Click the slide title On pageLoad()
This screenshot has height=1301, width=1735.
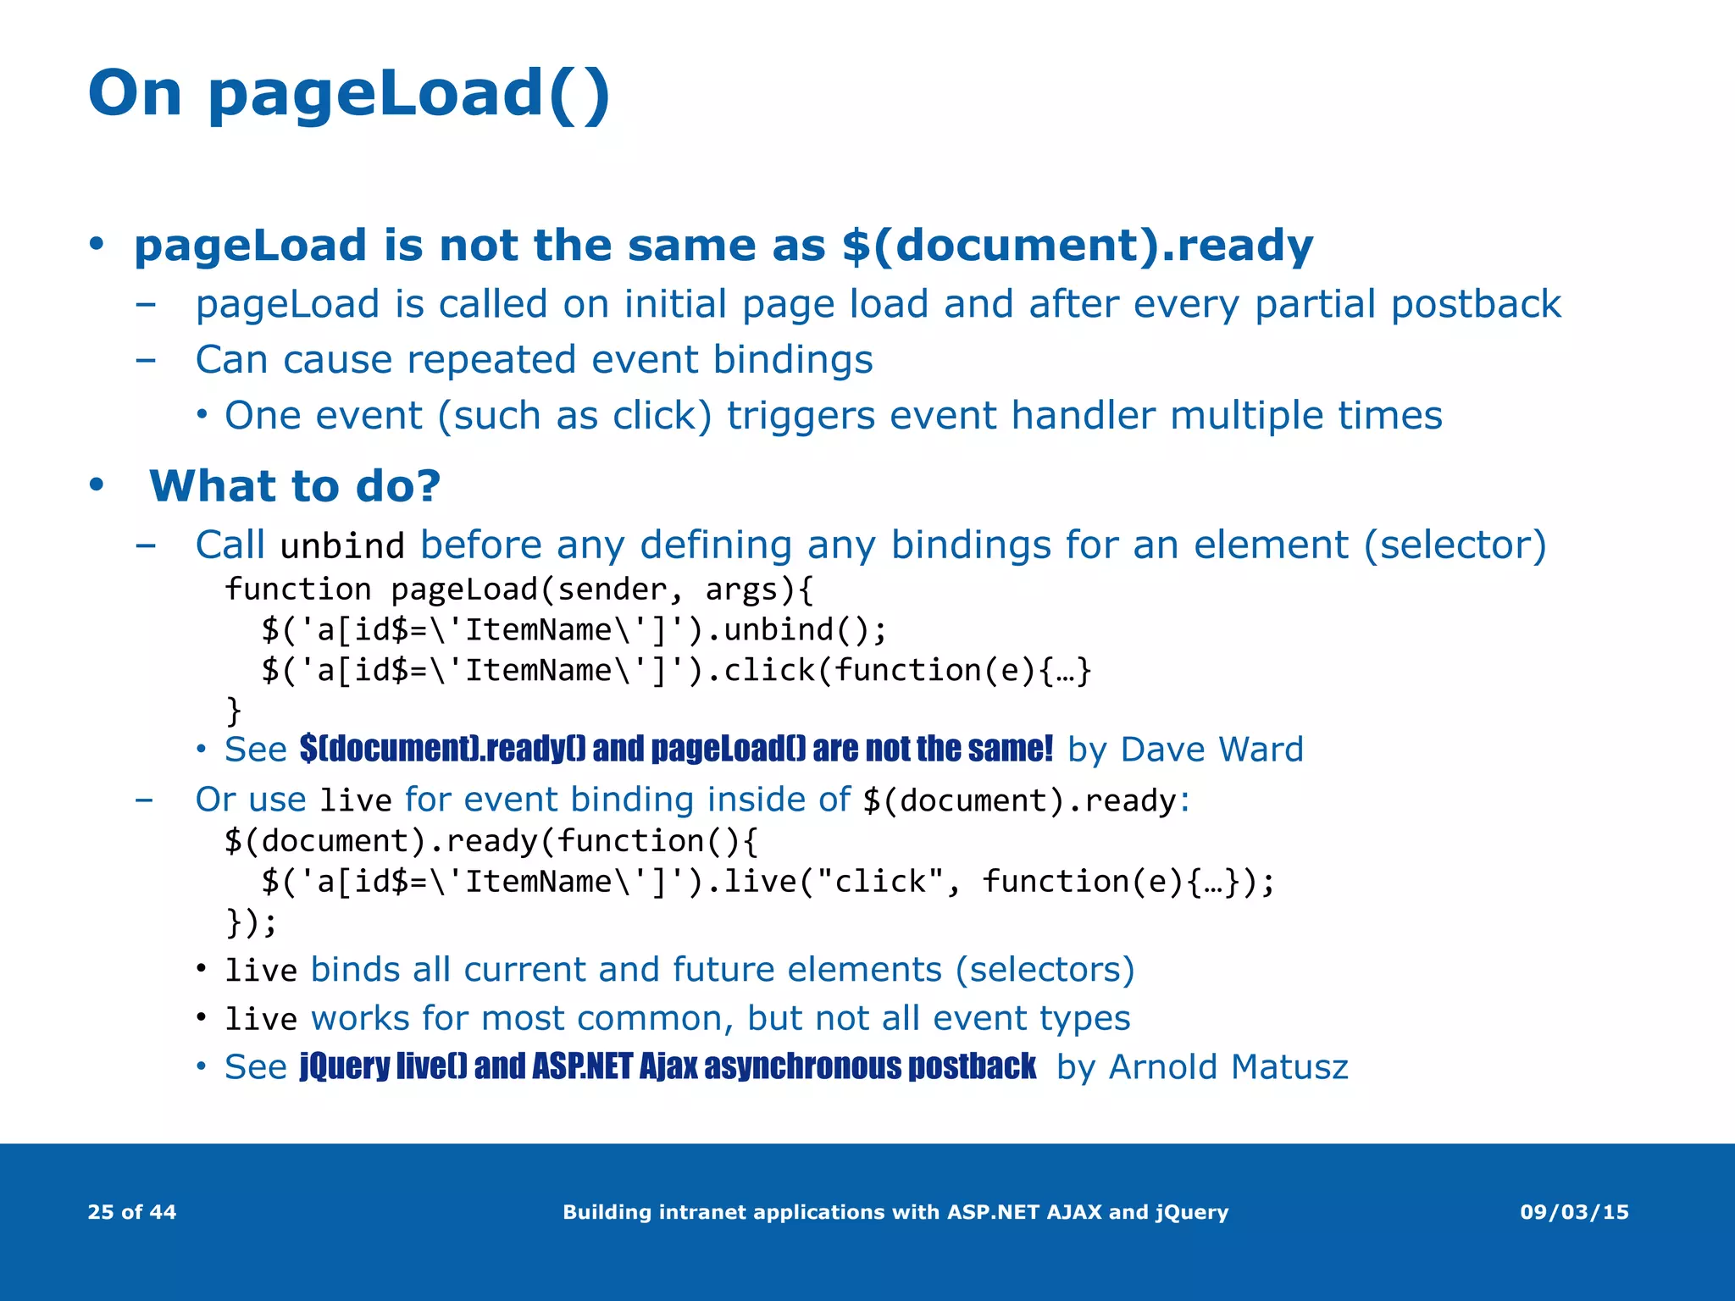348,94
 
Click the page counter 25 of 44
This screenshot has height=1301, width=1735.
131,1212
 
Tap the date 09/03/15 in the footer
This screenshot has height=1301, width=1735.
1574,1212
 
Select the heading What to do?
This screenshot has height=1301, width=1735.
295,486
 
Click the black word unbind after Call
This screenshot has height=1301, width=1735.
342,546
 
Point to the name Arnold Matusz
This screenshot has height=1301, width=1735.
1228,1067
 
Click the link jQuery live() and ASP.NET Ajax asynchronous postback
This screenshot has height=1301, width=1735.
668,1067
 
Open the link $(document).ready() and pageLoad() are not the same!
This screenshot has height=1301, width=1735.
676,750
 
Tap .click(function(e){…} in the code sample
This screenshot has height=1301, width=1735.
898,671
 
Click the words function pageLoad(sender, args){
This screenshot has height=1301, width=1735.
518,590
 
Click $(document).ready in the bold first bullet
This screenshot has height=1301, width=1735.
1076,246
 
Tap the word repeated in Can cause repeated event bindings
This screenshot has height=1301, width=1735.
492,360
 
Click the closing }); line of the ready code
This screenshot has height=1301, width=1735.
251,922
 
